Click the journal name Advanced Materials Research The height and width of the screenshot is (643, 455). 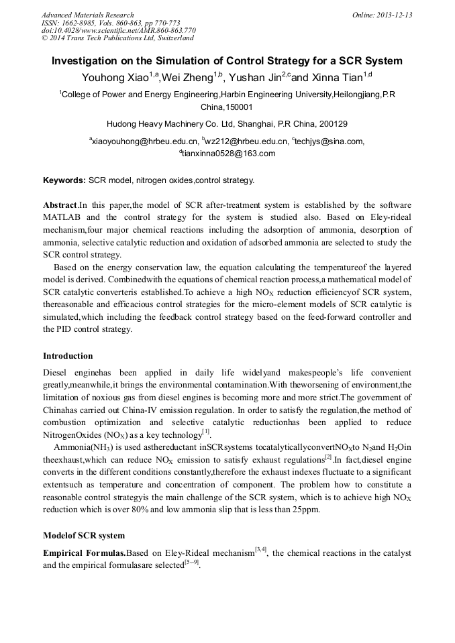click(x=87, y=15)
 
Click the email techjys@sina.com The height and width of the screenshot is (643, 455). click(x=327, y=141)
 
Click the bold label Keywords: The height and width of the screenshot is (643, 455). click(x=64, y=180)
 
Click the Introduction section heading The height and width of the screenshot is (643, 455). click(x=68, y=356)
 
